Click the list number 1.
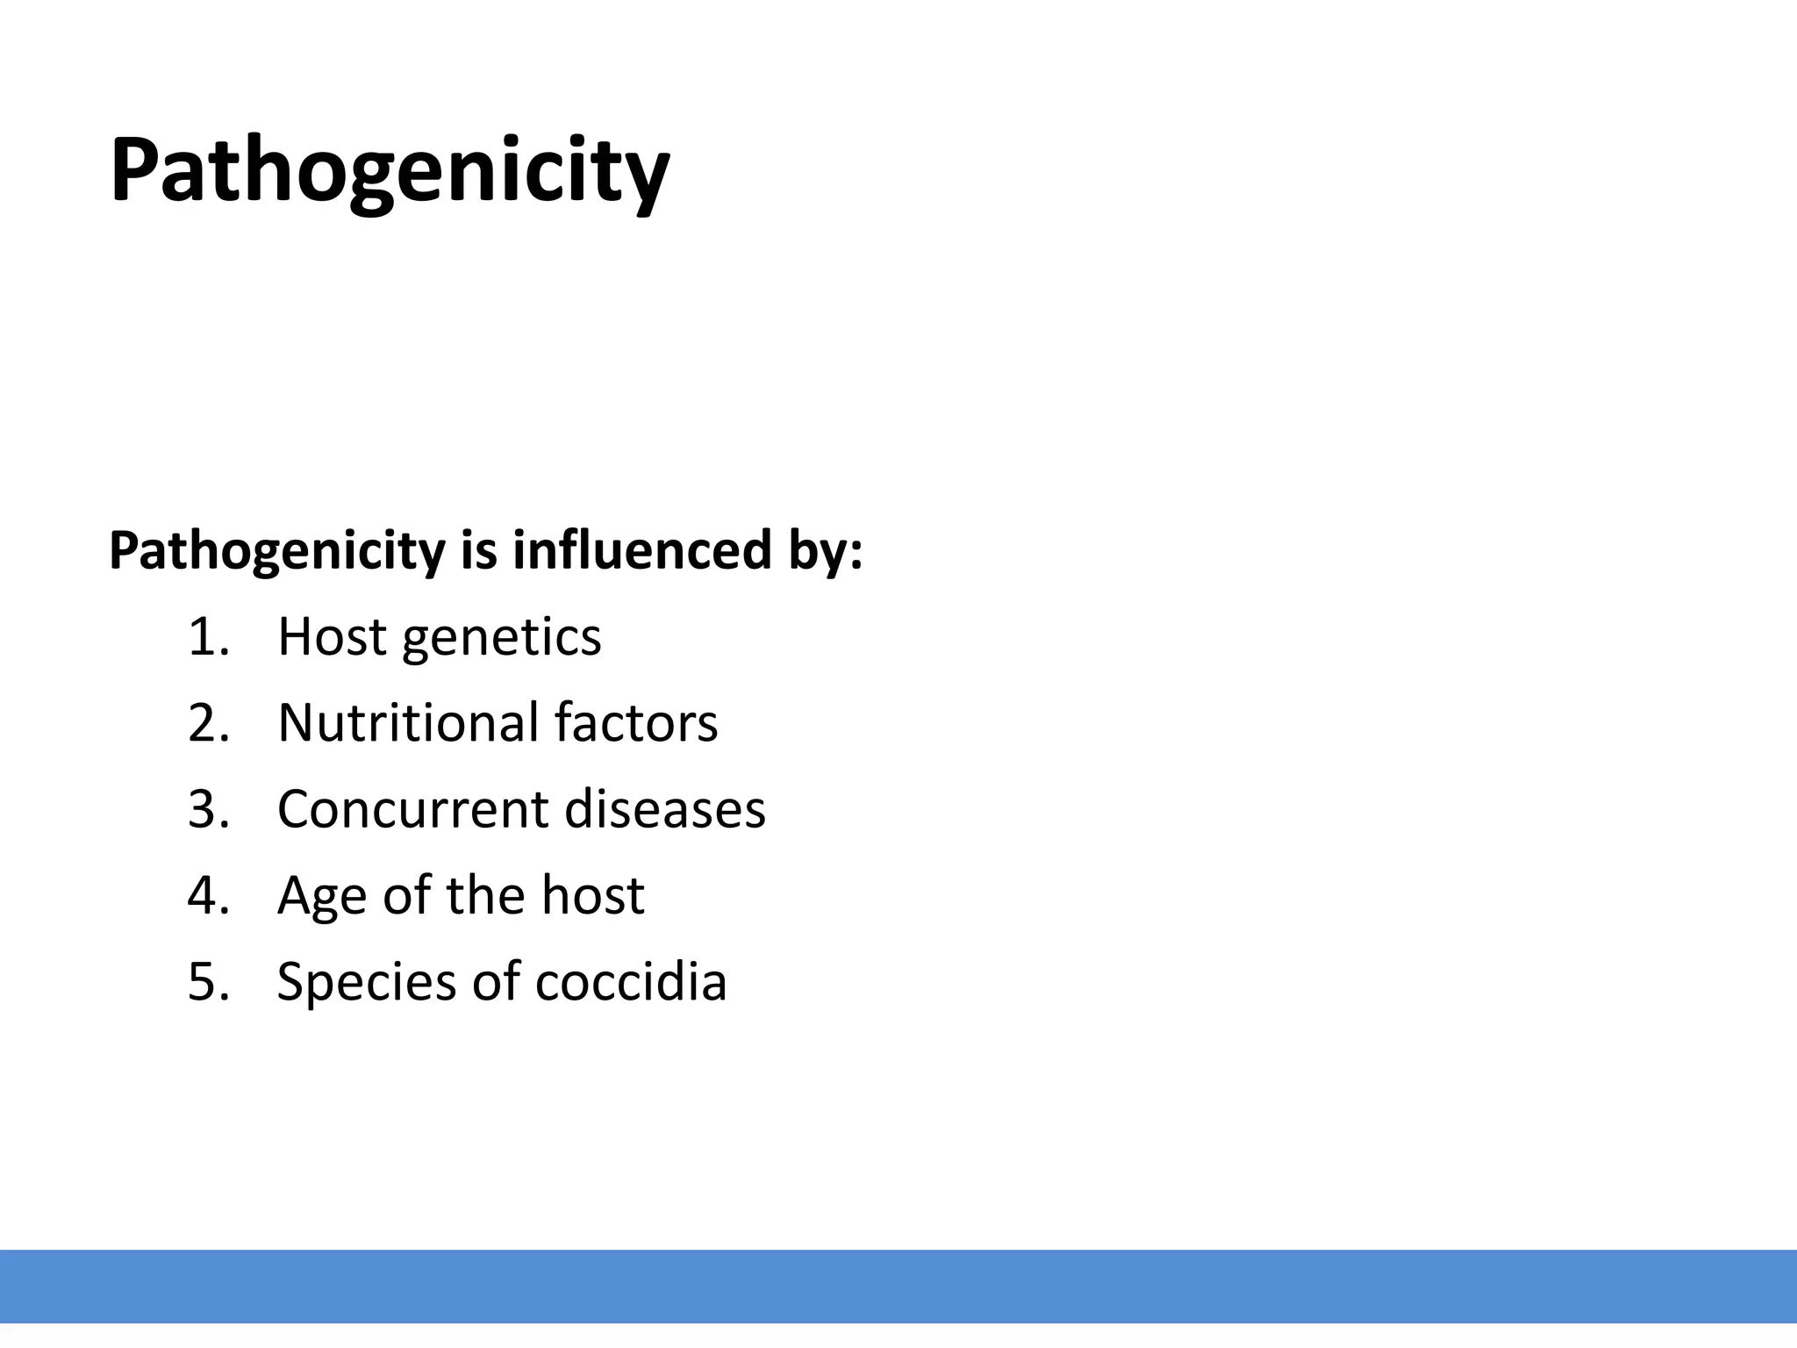[207, 637]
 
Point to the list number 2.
[208, 723]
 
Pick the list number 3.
[208, 809]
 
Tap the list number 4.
[208, 895]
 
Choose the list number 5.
[208, 981]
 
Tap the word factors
[636, 723]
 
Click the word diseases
[665, 809]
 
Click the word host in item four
[592, 895]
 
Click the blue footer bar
[898, 1286]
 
